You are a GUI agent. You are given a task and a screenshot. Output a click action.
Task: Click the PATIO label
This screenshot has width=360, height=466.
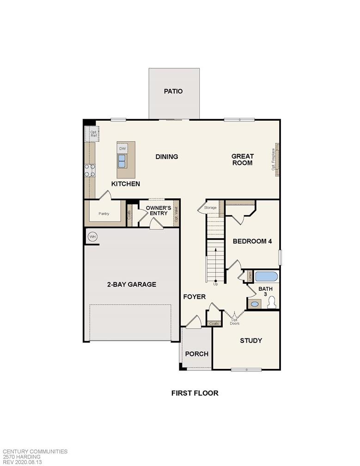point(173,91)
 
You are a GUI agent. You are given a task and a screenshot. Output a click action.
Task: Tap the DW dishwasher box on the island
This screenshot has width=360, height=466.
point(122,148)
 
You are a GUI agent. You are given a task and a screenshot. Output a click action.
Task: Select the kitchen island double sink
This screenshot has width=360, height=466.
point(122,161)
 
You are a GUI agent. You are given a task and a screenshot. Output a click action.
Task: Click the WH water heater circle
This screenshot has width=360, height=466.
point(92,237)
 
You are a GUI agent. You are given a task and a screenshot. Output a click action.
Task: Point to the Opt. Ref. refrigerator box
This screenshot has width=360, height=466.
point(93,134)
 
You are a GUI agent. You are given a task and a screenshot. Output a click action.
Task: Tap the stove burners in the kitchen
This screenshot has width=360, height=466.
point(90,171)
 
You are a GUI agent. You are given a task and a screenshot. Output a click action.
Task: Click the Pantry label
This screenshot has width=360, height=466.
point(104,214)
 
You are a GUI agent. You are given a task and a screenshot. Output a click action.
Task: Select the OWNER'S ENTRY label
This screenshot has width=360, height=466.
point(159,211)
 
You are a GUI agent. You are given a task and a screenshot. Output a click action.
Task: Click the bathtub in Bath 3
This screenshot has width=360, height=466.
point(266,276)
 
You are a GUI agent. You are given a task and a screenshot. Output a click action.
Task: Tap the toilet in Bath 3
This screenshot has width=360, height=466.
point(272,302)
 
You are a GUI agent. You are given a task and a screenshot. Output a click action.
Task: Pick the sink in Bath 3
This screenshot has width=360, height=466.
point(254,304)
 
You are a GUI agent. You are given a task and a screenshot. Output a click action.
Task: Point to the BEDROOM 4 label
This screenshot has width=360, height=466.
point(252,241)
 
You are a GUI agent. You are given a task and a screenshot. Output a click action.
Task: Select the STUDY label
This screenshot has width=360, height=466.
point(251,341)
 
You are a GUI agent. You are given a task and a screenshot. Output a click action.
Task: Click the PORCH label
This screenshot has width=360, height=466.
point(196,354)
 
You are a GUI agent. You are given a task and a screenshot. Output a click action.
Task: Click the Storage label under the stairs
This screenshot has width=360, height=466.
point(210,208)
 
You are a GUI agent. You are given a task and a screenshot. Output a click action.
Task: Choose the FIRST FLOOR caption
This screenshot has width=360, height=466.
point(195,393)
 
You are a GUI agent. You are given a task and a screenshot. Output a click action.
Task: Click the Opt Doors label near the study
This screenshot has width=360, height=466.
point(235,320)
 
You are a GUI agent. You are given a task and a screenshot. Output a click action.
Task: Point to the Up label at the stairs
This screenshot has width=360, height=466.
point(215,284)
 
